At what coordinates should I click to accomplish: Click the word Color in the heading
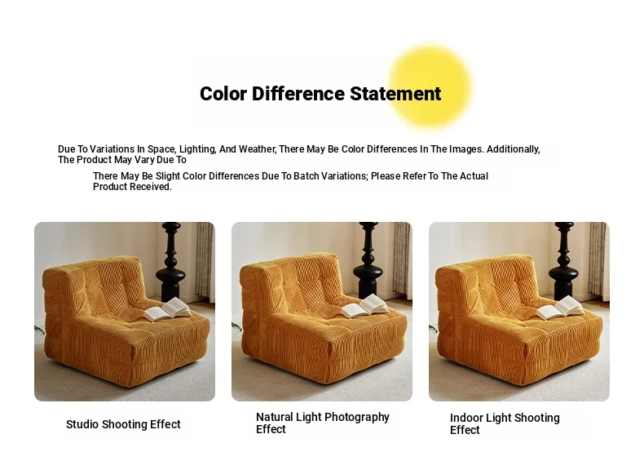[223, 94]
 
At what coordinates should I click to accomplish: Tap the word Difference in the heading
[298, 94]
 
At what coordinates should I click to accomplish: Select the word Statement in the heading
[395, 94]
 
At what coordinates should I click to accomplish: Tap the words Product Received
[132, 187]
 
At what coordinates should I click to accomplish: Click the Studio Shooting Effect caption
[123, 424]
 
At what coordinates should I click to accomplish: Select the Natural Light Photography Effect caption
[323, 423]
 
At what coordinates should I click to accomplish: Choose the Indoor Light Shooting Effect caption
[505, 424]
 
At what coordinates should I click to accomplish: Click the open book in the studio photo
[167, 309]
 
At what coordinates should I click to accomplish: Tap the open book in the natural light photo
[364, 306]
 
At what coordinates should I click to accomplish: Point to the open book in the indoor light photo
[560, 308]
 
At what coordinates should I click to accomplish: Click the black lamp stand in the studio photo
[171, 263]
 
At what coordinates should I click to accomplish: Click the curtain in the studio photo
[205, 259]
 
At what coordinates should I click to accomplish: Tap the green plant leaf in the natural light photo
[236, 327]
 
